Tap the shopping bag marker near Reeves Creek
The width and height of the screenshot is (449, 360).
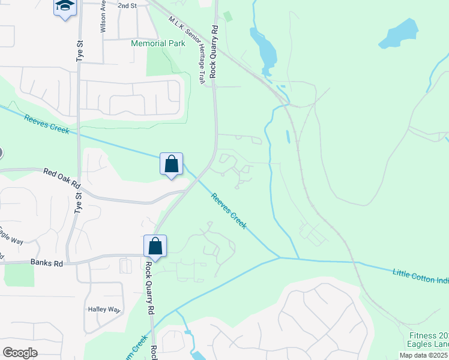click(171, 164)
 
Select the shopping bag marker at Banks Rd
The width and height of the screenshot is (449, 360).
click(155, 245)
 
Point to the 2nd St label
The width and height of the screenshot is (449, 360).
click(127, 5)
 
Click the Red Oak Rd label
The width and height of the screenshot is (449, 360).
click(62, 178)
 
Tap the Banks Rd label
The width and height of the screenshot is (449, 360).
click(46, 263)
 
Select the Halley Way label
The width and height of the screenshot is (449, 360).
click(104, 310)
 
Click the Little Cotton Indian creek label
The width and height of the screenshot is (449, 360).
click(420, 275)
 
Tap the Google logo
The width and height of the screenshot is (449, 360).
click(20, 352)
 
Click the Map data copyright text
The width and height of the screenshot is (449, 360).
click(424, 355)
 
